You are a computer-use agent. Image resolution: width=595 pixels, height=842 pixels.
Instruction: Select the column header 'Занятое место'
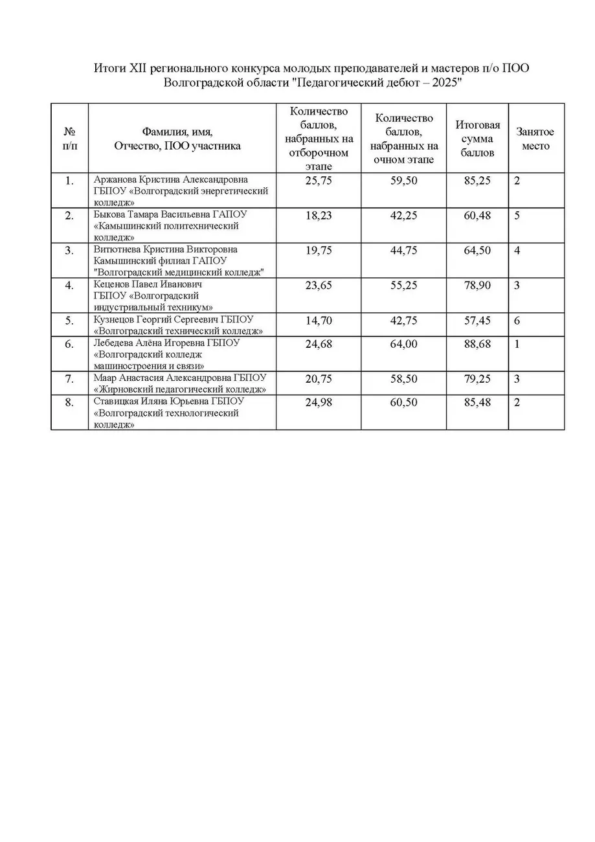point(535,139)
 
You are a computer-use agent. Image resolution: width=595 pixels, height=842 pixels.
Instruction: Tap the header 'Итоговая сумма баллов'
point(477,139)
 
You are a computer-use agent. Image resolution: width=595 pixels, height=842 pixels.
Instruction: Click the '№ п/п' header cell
point(69,139)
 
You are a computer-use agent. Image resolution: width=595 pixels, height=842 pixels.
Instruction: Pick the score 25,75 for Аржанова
point(318,181)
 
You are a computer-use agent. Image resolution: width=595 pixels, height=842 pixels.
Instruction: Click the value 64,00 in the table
point(404,344)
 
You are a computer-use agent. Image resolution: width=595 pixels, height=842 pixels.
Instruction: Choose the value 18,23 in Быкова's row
point(318,216)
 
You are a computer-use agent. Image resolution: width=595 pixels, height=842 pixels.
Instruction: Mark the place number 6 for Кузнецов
point(517,321)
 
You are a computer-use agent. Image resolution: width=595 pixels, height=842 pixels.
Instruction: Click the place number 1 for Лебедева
point(517,344)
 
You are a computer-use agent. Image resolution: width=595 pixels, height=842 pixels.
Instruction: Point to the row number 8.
point(69,402)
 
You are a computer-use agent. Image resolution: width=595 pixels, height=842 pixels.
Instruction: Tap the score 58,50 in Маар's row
point(404,379)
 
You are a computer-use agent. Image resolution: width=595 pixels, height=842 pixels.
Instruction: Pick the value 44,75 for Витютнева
point(404,251)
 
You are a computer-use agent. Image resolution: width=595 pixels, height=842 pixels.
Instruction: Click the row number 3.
point(69,251)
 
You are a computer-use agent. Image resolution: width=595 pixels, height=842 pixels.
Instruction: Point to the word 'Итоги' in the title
point(107,68)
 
